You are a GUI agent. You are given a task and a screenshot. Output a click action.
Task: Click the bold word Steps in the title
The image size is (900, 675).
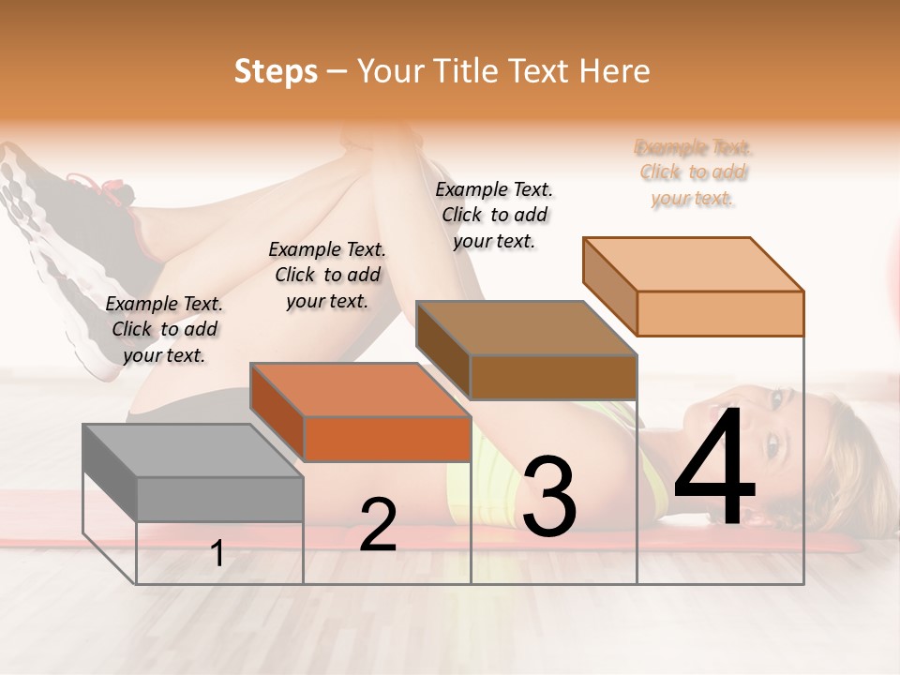click(x=276, y=71)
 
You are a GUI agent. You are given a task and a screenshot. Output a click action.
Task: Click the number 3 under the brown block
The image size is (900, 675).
click(x=549, y=497)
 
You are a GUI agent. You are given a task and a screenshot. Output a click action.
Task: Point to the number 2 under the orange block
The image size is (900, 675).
click(x=378, y=525)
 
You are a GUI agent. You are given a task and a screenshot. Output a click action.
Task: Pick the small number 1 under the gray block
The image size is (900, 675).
click(x=217, y=554)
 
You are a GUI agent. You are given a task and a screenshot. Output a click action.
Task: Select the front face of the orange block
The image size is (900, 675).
click(x=387, y=439)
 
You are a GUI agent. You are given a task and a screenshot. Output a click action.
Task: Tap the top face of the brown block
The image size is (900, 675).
click(x=525, y=327)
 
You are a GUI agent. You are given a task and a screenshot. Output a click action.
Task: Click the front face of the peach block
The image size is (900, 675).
click(x=720, y=313)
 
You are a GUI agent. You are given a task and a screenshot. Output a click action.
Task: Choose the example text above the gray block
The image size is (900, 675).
click(x=164, y=329)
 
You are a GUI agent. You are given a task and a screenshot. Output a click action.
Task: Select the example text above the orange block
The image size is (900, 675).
click(x=327, y=275)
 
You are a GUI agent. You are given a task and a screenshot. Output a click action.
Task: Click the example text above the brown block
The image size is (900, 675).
click(x=494, y=215)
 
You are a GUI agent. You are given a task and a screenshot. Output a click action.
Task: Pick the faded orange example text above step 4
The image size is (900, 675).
click(x=693, y=172)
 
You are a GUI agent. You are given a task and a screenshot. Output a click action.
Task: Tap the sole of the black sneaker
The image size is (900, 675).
click(x=47, y=253)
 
